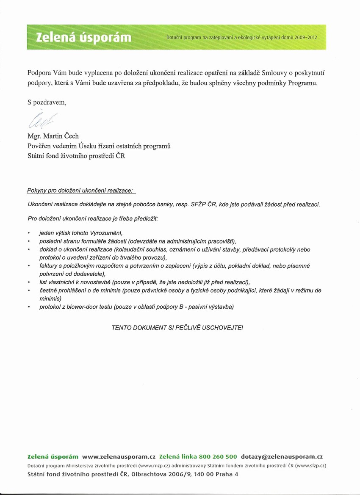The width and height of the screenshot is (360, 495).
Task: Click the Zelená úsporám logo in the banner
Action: pos(83,38)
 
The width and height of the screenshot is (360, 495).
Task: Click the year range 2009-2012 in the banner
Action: pos(306,38)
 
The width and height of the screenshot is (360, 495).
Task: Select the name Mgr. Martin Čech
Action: pos(53,136)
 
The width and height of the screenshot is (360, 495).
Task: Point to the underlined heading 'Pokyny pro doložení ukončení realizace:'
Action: pos(80,191)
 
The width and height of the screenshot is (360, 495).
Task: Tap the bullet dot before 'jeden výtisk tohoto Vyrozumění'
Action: pos(28,233)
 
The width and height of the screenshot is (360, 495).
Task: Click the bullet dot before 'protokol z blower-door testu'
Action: pos(28,307)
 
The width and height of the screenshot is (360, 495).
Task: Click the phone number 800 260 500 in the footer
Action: pos(219,457)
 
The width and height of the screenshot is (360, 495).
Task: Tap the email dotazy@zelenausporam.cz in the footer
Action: pos(282,457)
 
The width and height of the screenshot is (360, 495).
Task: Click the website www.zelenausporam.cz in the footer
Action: pos(119,457)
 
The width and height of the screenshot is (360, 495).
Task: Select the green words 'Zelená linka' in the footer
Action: pos(177,457)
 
